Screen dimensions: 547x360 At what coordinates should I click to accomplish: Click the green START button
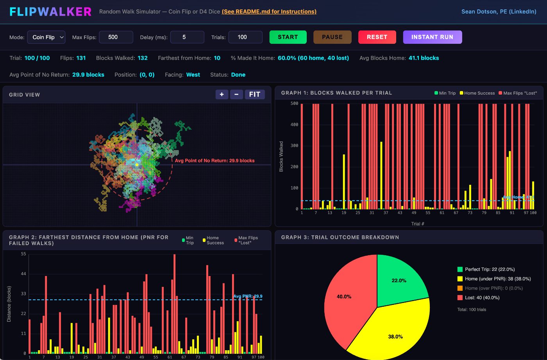[x=288, y=37]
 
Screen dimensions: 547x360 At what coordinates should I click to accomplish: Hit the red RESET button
[x=377, y=37]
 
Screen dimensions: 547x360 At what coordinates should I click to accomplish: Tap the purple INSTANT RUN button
[x=433, y=37]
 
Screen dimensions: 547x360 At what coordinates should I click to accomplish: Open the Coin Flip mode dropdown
[x=46, y=37]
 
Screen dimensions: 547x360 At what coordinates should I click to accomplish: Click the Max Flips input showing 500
[x=116, y=37]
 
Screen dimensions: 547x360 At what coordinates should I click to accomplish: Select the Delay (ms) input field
[x=187, y=37]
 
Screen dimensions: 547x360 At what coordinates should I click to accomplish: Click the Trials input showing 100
[x=245, y=37]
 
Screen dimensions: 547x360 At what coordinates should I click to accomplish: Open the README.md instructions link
[x=269, y=11]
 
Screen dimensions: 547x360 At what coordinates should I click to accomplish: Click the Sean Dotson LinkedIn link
[x=499, y=11]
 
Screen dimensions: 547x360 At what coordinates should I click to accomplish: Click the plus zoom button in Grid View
[x=222, y=95]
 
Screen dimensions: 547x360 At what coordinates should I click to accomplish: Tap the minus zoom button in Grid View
[x=236, y=95]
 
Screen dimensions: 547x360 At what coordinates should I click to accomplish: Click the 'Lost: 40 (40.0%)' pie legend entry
[x=478, y=298]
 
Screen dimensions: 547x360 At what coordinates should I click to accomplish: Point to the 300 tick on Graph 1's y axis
[x=294, y=145]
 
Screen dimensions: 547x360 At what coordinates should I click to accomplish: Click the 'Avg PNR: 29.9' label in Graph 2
[x=248, y=296]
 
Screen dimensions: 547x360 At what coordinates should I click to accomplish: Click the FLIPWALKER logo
[x=50, y=12]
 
